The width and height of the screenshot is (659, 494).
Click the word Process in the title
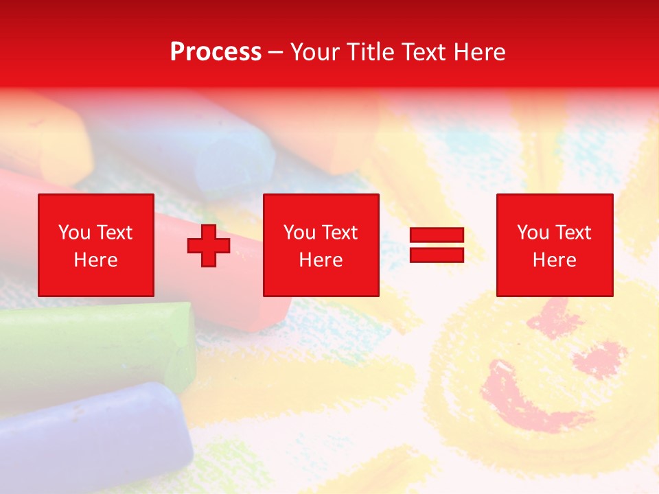click(216, 52)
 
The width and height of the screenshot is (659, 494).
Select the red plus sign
click(209, 245)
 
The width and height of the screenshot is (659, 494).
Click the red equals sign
click(437, 245)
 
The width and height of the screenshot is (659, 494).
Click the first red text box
click(95, 245)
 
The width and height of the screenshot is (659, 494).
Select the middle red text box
click(321, 245)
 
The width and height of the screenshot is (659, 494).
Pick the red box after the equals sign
click(554, 245)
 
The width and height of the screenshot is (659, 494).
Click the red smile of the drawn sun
click(529, 405)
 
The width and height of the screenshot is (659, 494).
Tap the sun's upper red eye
click(553, 316)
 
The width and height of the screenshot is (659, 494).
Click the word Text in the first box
click(114, 233)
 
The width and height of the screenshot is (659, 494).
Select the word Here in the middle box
click(321, 260)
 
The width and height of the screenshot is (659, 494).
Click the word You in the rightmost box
click(533, 233)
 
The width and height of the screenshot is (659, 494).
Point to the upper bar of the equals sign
click(437, 235)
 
